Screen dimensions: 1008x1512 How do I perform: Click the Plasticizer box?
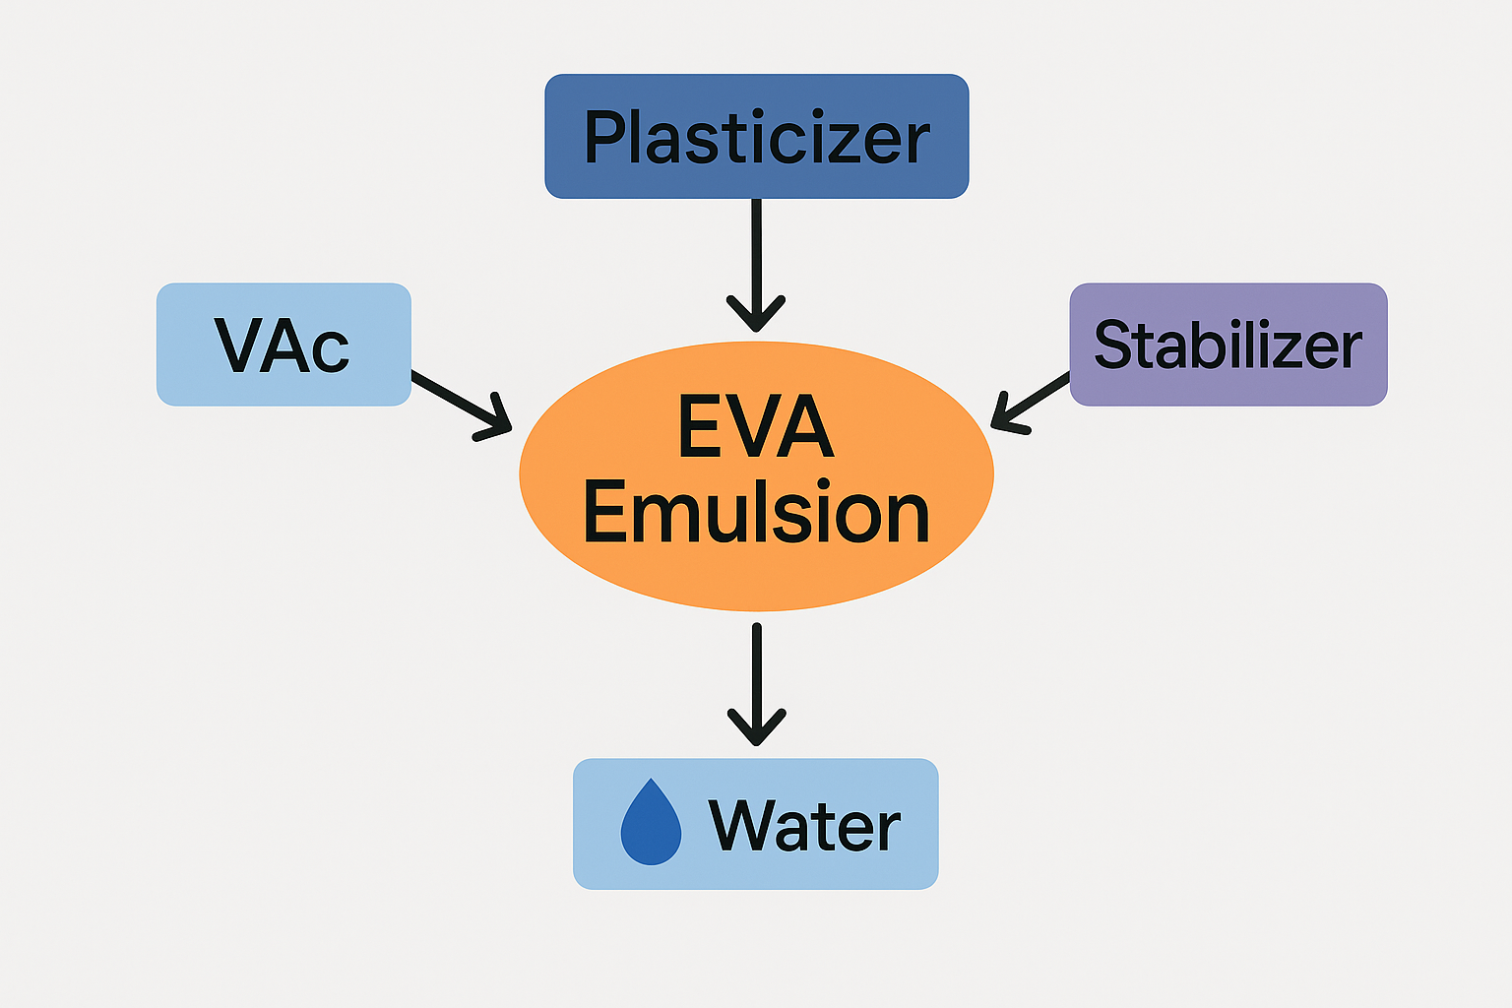coord(756,136)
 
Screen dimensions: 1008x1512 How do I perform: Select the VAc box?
coord(283,345)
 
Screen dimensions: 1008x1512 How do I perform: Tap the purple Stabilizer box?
coord(1228,345)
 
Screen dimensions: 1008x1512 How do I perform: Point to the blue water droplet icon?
coord(651,824)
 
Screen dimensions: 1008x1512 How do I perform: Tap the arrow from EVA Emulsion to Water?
coord(756,679)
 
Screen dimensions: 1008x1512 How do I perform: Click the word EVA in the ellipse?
coord(756,427)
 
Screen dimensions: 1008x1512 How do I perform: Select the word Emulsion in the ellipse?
coord(756,513)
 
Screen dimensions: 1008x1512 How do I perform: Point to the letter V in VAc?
coord(238,346)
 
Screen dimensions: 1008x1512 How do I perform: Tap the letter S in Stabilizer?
coord(1113,346)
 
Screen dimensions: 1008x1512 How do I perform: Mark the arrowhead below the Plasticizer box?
coord(756,313)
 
